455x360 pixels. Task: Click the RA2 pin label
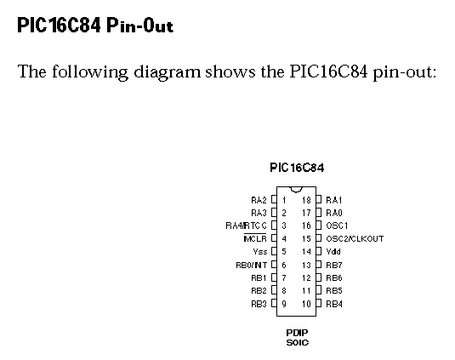pos(259,200)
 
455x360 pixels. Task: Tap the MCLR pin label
pos(255,238)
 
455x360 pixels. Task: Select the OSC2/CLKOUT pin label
pos(355,238)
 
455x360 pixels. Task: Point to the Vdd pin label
pos(333,251)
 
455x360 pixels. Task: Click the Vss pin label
pos(259,251)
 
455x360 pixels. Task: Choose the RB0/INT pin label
pos(251,265)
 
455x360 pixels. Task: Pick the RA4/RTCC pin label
pos(246,226)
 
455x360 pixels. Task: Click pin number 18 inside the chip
pos(306,200)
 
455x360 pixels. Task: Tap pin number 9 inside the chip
pos(284,304)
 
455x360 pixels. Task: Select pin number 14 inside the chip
pos(306,251)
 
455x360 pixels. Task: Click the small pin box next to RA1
pos(319,199)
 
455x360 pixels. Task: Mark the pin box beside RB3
pos(274,303)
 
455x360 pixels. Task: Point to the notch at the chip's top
pos(296,190)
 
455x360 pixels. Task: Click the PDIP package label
pos(297,333)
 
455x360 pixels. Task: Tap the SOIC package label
pos(298,343)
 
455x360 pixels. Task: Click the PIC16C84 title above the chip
pos(297,168)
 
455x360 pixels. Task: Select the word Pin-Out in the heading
pos(139,25)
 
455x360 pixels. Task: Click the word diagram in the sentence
pos(168,71)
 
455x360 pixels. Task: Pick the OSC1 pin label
pos(337,226)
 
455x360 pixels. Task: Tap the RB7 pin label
pos(334,265)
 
